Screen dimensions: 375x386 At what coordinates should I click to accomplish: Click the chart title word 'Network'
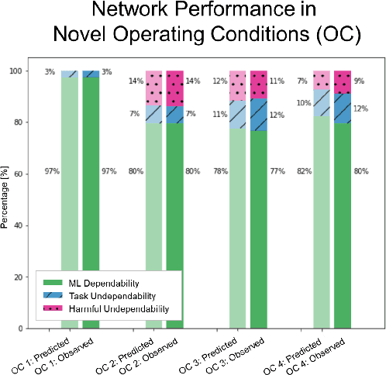tap(136, 14)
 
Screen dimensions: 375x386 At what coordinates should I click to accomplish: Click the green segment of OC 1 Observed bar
tap(91, 201)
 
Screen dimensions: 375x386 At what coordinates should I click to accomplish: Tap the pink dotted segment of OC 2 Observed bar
tap(175, 84)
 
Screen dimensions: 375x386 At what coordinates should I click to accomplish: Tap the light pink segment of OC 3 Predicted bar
tap(238, 86)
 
